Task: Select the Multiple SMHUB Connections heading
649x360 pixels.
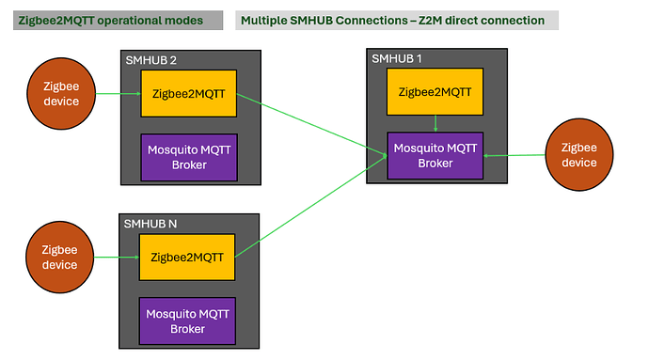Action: (392, 20)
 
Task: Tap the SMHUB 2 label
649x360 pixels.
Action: (151, 60)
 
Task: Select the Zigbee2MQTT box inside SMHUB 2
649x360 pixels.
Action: (188, 94)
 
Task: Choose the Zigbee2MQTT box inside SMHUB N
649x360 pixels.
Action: (187, 257)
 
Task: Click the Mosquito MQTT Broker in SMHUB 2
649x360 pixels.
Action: (187, 157)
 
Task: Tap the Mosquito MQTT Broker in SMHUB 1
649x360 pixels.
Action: (435, 155)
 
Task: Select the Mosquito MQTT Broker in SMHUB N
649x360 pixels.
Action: (187, 321)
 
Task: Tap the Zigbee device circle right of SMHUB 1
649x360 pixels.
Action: (578, 155)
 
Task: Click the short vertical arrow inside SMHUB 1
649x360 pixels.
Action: (435, 123)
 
